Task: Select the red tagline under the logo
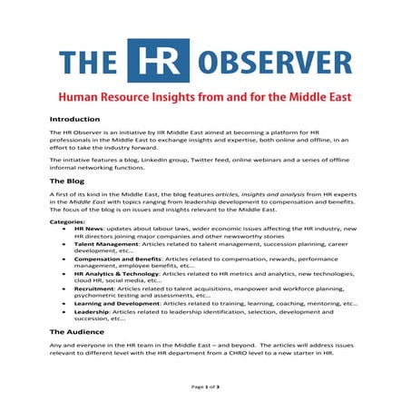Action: pos(204,95)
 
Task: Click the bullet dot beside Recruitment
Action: pos(64,288)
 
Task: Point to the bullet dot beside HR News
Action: pos(64,228)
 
